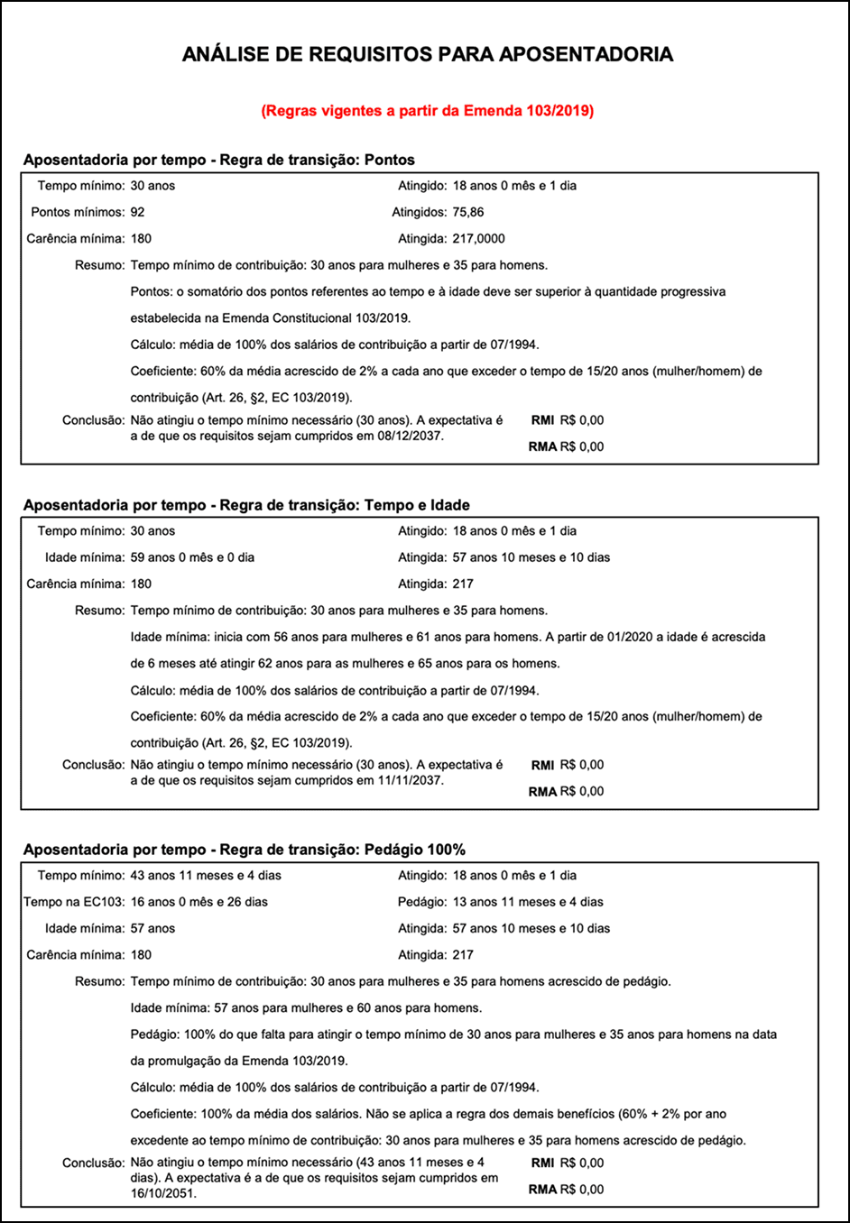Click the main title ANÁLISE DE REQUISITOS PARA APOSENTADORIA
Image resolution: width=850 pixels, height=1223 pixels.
[x=427, y=54]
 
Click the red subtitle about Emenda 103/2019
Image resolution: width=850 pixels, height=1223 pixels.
[x=427, y=111]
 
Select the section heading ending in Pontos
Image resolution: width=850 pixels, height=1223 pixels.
[x=219, y=160]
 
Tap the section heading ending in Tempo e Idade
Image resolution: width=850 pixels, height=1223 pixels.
[x=246, y=505]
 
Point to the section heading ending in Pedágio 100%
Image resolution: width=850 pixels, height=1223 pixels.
[x=245, y=850]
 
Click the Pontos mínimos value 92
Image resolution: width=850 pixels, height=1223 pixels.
[x=137, y=212]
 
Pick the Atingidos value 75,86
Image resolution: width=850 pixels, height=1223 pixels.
[x=468, y=212]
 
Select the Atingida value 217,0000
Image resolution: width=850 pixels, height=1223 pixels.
[x=478, y=239]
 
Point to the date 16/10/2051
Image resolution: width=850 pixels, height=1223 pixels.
[x=162, y=1193]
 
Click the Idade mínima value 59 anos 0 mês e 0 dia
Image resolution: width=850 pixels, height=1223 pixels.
[x=192, y=557]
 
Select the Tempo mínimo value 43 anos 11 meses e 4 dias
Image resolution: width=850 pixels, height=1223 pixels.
[x=206, y=875]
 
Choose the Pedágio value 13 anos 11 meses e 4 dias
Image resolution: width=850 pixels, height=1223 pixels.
[x=528, y=902]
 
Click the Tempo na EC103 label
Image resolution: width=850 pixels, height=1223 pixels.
[x=74, y=902]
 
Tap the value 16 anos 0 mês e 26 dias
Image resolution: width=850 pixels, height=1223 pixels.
[x=199, y=902]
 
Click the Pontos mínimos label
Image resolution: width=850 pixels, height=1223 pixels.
[x=78, y=212]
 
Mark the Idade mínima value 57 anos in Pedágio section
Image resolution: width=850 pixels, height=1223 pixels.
[x=152, y=928]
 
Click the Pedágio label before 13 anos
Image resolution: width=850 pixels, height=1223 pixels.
[x=422, y=902]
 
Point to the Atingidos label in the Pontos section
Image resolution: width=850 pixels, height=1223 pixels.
[x=420, y=212]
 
